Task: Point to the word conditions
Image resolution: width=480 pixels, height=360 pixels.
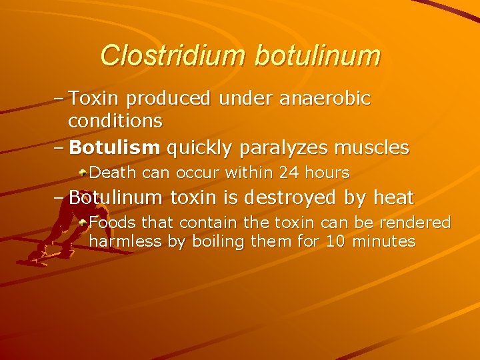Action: (x=115, y=121)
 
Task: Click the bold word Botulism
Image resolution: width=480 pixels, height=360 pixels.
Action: (x=115, y=147)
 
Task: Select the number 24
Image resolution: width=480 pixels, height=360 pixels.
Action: (x=290, y=173)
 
